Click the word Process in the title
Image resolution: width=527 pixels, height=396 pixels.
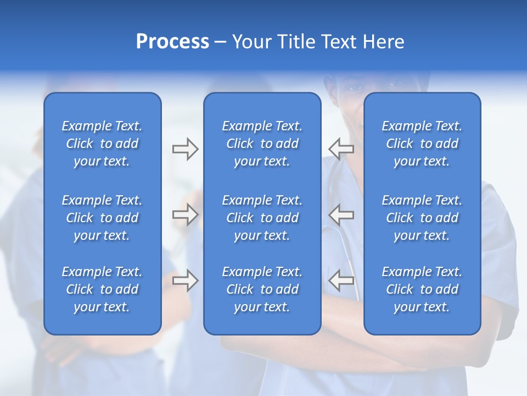pyautogui.click(x=172, y=42)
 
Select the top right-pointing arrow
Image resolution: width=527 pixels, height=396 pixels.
pyautogui.click(x=185, y=149)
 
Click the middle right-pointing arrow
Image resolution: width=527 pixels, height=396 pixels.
pyautogui.click(x=185, y=215)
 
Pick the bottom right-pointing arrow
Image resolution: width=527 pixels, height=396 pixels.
pyautogui.click(x=185, y=280)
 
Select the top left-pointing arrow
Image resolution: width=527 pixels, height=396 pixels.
pyautogui.click(x=341, y=149)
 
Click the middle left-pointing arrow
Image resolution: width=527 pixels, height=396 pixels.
pyautogui.click(x=341, y=215)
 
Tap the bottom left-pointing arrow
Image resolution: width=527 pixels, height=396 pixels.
pyautogui.click(x=341, y=280)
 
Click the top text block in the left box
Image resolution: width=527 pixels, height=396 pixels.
pyautogui.click(x=102, y=144)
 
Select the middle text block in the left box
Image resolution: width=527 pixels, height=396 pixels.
pyautogui.click(x=102, y=218)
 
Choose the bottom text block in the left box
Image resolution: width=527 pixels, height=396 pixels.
pyautogui.click(x=102, y=289)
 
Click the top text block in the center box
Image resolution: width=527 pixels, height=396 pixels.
pyautogui.click(x=262, y=144)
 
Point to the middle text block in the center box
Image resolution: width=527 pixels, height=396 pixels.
pyautogui.click(x=262, y=218)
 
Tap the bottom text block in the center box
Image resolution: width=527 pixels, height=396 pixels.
pyautogui.click(x=262, y=289)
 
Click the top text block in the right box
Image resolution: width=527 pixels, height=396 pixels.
pyautogui.click(x=422, y=144)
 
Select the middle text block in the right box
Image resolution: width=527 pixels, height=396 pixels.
pyautogui.click(x=422, y=218)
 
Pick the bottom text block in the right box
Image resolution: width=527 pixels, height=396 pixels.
pyautogui.click(x=422, y=289)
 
